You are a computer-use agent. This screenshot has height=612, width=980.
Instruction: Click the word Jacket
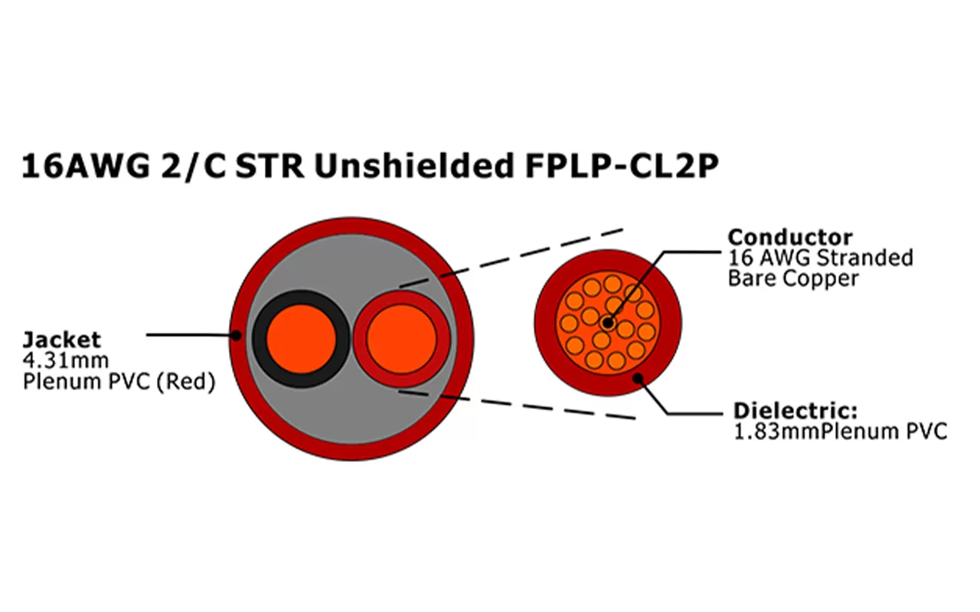click(61, 340)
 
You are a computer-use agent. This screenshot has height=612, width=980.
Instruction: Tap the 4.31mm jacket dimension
click(67, 360)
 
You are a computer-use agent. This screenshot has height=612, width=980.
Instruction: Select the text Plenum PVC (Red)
click(118, 381)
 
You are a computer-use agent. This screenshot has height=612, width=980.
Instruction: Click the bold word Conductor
click(789, 236)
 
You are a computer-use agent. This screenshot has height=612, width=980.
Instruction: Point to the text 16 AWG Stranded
click(820, 257)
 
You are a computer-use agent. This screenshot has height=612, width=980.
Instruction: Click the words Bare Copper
click(793, 278)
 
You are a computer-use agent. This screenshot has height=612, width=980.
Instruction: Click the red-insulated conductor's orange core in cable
click(400, 339)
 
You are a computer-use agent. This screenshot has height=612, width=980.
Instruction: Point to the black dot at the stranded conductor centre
click(607, 323)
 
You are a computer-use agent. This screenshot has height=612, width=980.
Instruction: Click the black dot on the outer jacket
click(237, 334)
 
